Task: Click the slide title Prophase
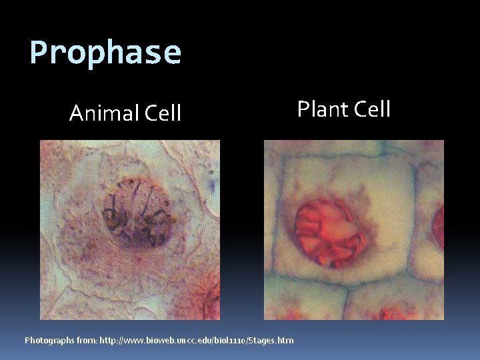pos(105,52)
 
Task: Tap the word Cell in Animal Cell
pos(163,114)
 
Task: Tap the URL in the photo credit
pos(196,340)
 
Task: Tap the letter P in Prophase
pos(39,52)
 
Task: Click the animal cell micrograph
pos(129,229)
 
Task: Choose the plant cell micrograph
pos(353,229)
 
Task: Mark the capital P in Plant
pos(304,109)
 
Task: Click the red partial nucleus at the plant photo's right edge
pos(438,227)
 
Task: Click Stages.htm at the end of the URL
pos(271,340)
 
